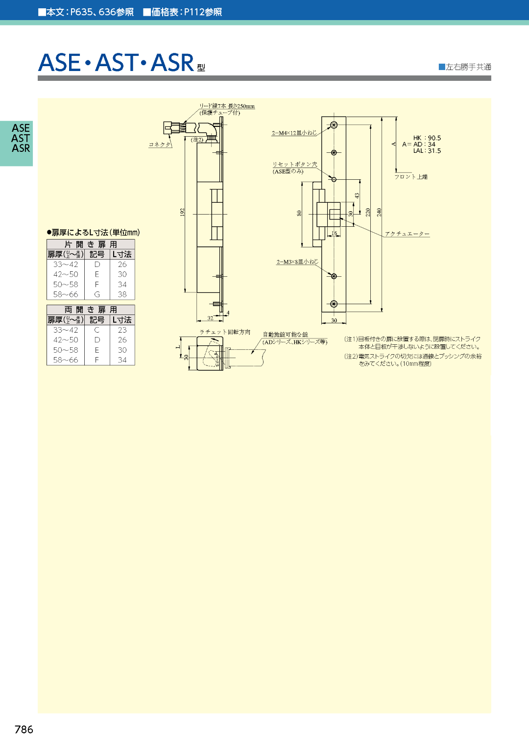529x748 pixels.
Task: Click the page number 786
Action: [24, 729]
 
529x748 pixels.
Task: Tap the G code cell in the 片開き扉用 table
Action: [97, 294]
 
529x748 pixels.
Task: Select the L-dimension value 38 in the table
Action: [122, 294]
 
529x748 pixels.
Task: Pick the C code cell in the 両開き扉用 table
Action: [97, 330]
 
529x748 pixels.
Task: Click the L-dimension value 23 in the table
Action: [122, 330]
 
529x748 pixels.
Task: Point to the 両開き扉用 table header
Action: [91, 310]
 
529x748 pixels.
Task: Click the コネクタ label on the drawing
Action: [160, 145]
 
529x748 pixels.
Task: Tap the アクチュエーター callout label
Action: [407, 234]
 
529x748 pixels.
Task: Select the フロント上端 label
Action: [411, 177]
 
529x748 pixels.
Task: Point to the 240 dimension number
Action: [379, 212]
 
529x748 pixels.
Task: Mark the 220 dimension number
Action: [368, 212]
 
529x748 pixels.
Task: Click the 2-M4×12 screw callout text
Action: [294, 133]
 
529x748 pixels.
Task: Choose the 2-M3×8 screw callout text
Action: [297, 262]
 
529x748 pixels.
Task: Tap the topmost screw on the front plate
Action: [334, 125]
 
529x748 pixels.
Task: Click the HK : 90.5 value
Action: [427, 138]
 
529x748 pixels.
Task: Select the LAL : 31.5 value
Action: [427, 151]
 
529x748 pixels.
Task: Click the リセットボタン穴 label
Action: [295, 165]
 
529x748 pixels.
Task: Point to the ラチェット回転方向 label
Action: [225, 332]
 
